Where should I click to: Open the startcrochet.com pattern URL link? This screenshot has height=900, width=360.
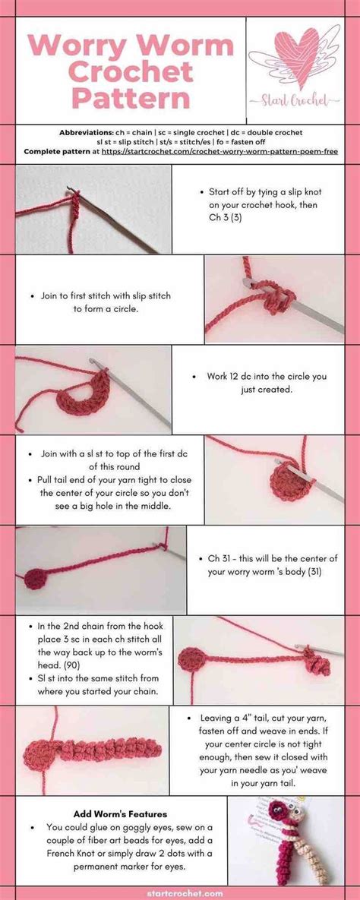220,151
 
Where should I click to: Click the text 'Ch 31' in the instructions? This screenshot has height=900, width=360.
223,558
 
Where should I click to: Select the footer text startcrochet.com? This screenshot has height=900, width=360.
179,893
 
